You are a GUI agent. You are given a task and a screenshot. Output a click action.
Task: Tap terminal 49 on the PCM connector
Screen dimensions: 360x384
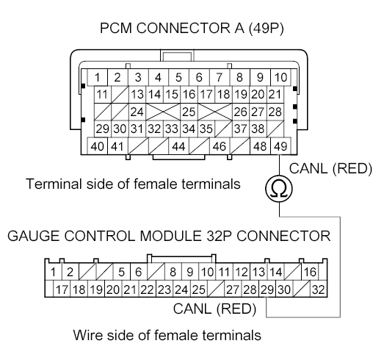pyautogui.click(x=280, y=147)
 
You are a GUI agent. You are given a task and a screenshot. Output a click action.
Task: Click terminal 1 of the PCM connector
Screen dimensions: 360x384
pyautogui.click(x=97, y=77)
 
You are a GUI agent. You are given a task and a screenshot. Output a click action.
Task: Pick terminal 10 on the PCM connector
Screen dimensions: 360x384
pyautogui.click(x=280, y=77)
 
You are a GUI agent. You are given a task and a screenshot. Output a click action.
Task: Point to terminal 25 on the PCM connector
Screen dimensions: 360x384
pyautogui.click(x=188, y=112)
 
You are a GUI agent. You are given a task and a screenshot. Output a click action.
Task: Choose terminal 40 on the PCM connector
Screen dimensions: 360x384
pyautogui.click(x=97, y=147)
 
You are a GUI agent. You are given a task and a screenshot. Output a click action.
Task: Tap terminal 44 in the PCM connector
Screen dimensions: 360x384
pyautogui.click(x=178, y=147)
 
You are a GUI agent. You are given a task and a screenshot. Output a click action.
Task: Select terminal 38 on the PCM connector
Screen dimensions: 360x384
pyautogui.click(x=259, y=129)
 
